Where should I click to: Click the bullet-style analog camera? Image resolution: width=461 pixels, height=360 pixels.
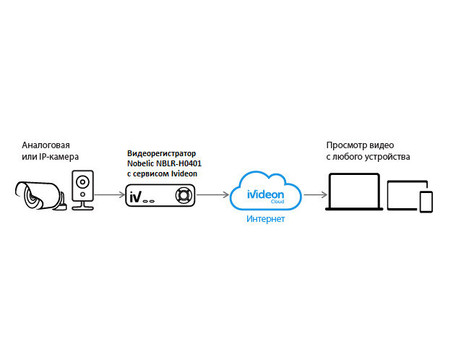pyautogui.click(x=40, y=194)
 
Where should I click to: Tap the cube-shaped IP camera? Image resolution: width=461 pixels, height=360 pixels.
pyautogui.click(x=82, y=189)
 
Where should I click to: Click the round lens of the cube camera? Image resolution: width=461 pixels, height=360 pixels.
pyautogui.click(x=82, y=180)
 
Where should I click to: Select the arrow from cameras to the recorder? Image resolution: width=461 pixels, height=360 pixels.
pyautogui.click(x=109, y=194)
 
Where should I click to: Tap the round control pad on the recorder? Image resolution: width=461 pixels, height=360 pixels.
pyautogui.click(x=185, y=195)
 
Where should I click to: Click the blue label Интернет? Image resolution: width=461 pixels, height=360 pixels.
pyautogui.click(x=265, y=219)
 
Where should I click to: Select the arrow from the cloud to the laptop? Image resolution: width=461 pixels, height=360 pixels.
pyautogui.click(x=314, y=194)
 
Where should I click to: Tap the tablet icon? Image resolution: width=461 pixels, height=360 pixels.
pyautogui.click(x=402, y=194)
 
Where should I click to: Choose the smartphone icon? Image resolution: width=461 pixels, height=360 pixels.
pyautogui.click(x=426, y=202)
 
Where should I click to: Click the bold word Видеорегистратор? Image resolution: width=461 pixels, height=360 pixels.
pyautogui.click(x=160, y=154)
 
